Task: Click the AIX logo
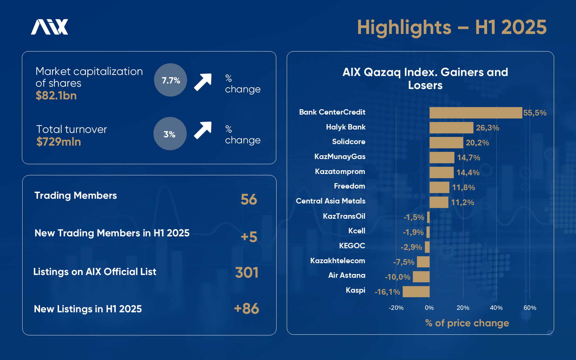click(x=50, y=27)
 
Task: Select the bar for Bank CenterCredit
click(x=475, y=113)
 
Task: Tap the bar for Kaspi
click(x=416, y=291)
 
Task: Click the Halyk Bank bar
click(x=451, y=128)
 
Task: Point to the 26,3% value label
click(x=487, y=128)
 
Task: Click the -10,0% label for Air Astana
click(x=398, y=277)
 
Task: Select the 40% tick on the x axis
click(x=496, y=308)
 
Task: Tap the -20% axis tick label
click(x=396, y=308)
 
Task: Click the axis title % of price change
click(x=467, y=323)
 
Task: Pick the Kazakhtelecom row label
click(x=338, y=261)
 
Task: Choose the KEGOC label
click(x=352, y=246)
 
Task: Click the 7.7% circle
click(x=171, y=80)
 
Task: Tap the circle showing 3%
click(x=170, y=134)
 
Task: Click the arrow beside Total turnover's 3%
click(x=203, y=130)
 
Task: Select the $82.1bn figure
click(x=56, y=96)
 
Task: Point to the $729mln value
click(x=59, y=142)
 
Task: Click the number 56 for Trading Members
click(x=249, y=199)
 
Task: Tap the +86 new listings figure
click(x=246, y=309)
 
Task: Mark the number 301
click(x=247, y=272)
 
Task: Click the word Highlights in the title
click(x=404, y=27)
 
